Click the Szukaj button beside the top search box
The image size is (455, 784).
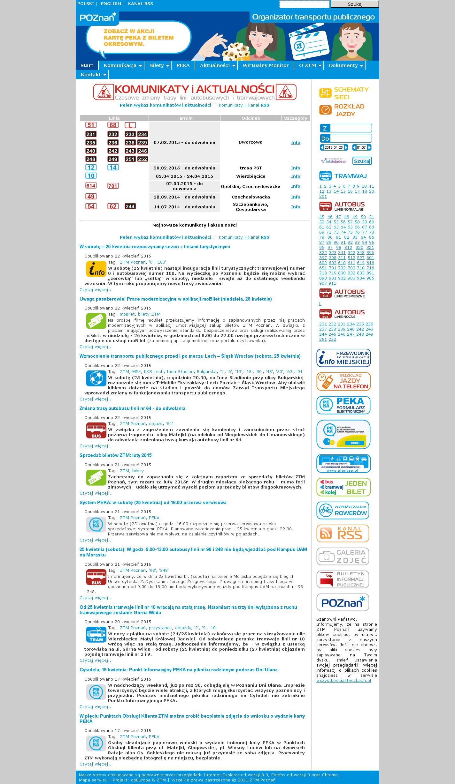pyautogui.click(x=355, y=4)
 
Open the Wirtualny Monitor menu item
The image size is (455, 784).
pyautogui.click(x=265, y=65)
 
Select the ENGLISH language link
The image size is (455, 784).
pyautogui.click(x=111, y=4)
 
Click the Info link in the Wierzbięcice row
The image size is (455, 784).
pyautogui.click(x=296, y=176)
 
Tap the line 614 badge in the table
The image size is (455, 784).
pyautogui.click(x=91, y=186)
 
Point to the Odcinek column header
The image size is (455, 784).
pyautogui.click(x=251, y=118)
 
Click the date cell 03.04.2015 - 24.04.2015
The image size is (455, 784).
pyautogui.click(x=184, y=176)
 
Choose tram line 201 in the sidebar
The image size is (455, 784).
pyautogui.click(x=323, y=197)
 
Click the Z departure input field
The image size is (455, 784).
pyautogui.click(x=351, y=128)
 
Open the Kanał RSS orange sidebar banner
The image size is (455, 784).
pyautogui.click(x=343, y=533)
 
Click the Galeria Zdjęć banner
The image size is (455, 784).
pyautogui.click(x=343, y=556)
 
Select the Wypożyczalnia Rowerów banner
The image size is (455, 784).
pyautogui.click(x=343, y=510)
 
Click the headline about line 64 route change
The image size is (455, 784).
pyautogui.click(x=132, y=408)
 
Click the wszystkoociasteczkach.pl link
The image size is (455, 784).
pyautogui.click(x=343, y=681)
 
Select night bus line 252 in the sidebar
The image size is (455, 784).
pyautogui.click(x=332, y=340)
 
